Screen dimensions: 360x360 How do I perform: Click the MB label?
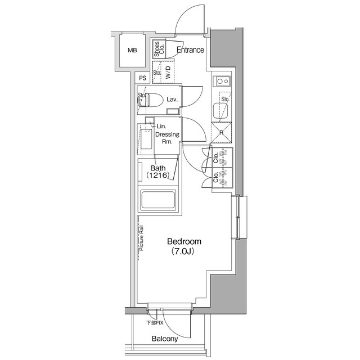tap(132, 51)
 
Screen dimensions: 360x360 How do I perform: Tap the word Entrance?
tap(190, 50)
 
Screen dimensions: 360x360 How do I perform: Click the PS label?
tap(143, 79)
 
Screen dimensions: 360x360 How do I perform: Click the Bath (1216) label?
tap(158, 171)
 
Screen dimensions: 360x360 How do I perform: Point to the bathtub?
tap(159, 201)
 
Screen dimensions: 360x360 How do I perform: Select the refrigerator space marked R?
tap(222, 133)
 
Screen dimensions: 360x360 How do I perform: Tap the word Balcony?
tap(165, 339)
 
